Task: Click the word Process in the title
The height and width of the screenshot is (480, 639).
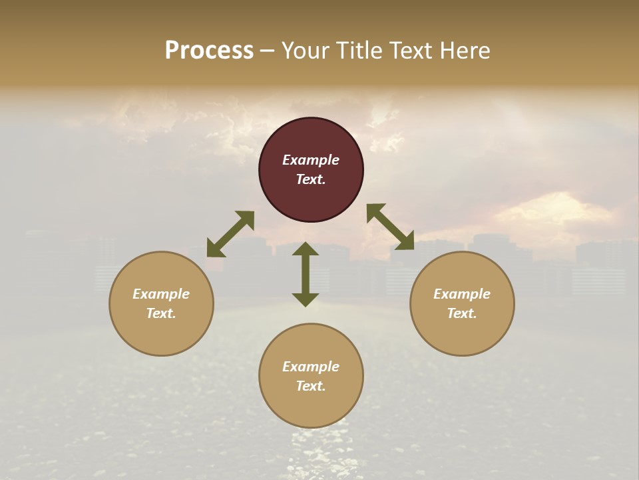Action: [x=209, y=51]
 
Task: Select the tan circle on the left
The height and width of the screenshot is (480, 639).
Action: [x=161, y=333]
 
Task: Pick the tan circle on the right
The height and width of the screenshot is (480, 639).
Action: [x=462, y=333]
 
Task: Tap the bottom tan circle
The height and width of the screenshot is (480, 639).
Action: [x=311, y=407]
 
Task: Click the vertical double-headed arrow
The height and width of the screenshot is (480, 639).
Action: [x=306, y=275]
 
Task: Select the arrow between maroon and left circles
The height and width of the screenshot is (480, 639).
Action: [x=230, y=234]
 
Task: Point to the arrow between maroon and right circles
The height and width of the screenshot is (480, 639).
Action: [x=391, y=227]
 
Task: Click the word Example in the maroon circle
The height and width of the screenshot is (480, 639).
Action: [x=311, y=160]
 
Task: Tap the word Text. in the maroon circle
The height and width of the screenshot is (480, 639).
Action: [x=311, y=179]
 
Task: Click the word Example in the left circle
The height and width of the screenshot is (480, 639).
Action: [x=161, y=294]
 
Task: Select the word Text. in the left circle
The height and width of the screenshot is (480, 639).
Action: [x=161, y=313]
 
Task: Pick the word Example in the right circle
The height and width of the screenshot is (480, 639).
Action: [x=462, y=294]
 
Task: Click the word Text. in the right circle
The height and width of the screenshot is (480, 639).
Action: [x=462, y=313]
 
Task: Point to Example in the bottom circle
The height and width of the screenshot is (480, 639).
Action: [x=311, y=367]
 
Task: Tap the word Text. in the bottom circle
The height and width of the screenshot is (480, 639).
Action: [x=311, y=386]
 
